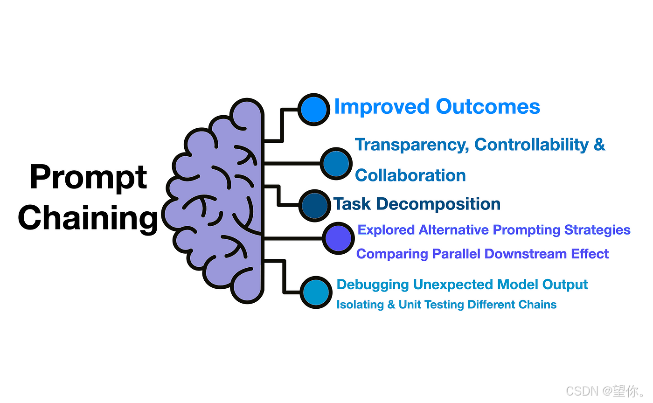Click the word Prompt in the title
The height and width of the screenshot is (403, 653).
coord(89,178)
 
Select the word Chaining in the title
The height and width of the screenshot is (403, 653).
coord(89,218)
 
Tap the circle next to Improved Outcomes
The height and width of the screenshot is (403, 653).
coord(313,109)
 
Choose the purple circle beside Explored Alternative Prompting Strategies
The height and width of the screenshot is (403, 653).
coord(338,238)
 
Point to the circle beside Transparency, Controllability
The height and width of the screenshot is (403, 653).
coord(336,163)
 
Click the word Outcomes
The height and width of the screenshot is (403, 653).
coord(488,107)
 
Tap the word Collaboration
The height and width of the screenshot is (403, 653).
coord(410,176)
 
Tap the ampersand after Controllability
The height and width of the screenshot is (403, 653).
coord(599,145)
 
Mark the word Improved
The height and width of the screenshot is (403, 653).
coord(382,107)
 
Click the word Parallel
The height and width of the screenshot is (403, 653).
coord(457,254)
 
